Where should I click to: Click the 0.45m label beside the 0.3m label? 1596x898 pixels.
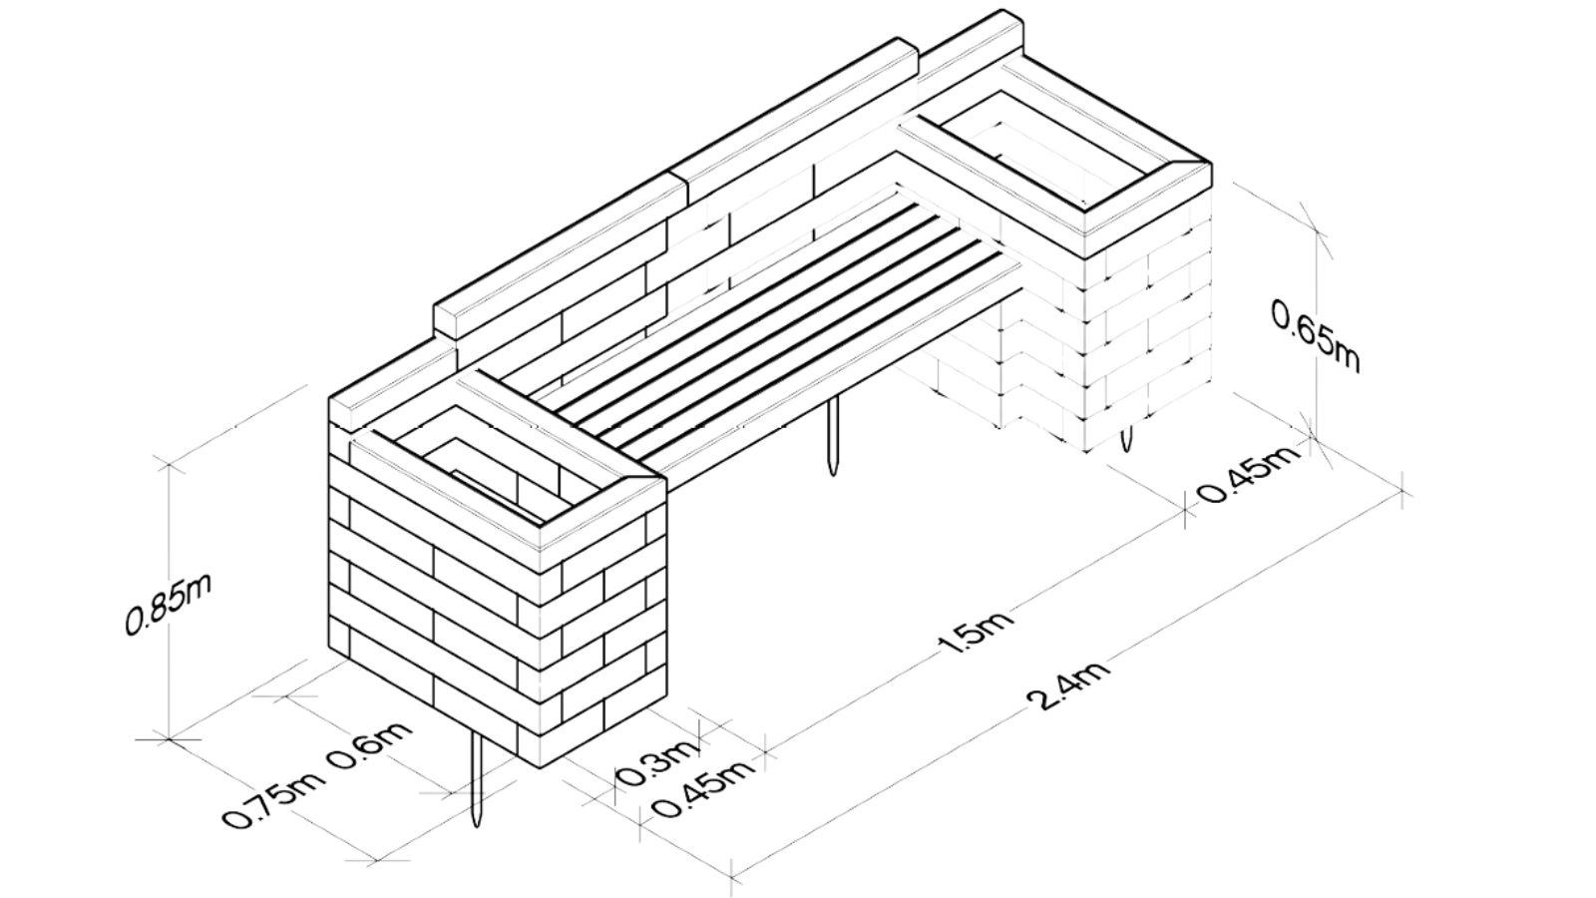(701, 789)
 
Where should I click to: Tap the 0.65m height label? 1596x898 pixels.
(1316, 336)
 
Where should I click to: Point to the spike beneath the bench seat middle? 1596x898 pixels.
(832, 434)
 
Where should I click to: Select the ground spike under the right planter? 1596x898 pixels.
(1125, 438)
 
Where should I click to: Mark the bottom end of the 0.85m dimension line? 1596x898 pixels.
(169, 739)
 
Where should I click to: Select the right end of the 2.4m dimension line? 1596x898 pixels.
(1402, 490)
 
